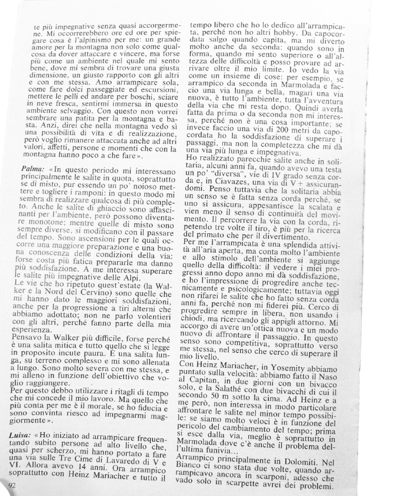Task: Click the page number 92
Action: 13,485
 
